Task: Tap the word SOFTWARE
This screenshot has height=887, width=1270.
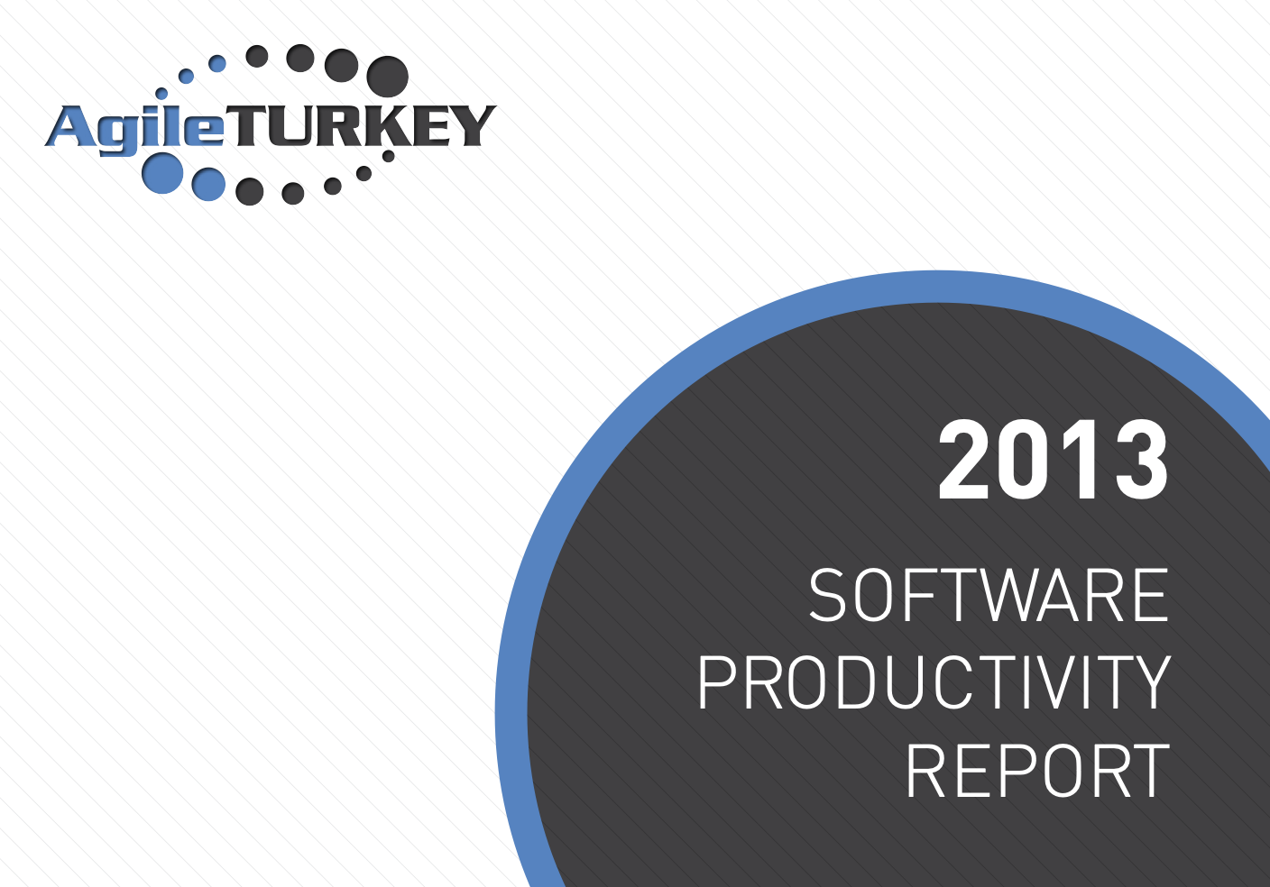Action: coord(989,595)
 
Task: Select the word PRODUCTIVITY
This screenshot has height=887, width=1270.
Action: coord(934,681)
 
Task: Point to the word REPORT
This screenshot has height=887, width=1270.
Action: coord(1037,771)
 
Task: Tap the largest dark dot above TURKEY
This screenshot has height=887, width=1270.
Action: coord(387,77)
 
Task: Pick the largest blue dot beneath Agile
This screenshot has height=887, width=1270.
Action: coord(162,173)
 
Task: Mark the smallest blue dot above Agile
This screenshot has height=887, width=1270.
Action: coord(161,94)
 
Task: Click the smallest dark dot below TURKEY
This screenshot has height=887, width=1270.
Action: coord(389,156)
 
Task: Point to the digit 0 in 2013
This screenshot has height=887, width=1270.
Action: coord(1024,460)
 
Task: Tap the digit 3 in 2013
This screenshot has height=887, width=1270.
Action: coord(1142,460)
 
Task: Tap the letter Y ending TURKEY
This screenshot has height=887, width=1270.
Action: coord(473,126)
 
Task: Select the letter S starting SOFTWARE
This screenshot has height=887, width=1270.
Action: coord(828,595)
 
